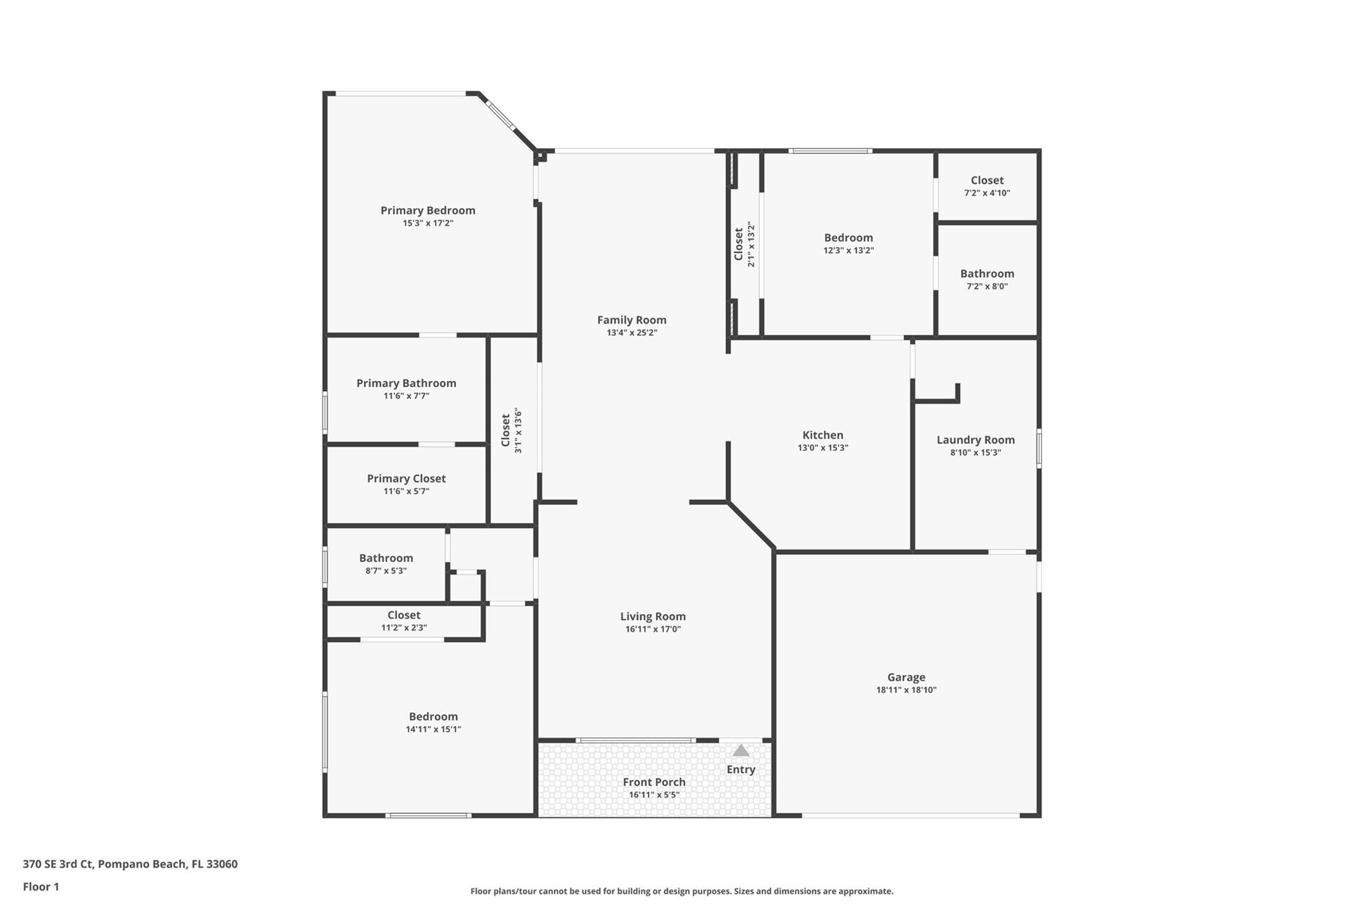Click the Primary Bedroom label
click(x=428, y=210)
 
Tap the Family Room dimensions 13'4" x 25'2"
click(x=631, y=333)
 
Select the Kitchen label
click(x=823, y=436)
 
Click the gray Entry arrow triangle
click(x=741, y=751)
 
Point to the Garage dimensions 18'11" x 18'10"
click(x=906, y=690)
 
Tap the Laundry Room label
click(x=975, y=440)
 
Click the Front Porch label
click(x=653, y=782)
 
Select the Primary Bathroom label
click(x=406, y=384)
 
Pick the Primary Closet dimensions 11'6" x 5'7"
click(x=406, y=491)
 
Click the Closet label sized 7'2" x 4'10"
click(x=986, y=180)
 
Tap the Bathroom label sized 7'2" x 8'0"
click(x=986, y=274)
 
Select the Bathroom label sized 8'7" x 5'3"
click(x=386, y=558)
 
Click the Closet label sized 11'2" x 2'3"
click(x=404, y=615)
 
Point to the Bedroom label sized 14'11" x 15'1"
click(x=433, y=717)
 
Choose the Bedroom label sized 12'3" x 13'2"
click(x=848, y=238)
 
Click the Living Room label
click(x=653, y=617)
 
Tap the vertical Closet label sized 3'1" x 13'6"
click(x=506, y=430)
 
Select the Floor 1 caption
click(x=41, y=887)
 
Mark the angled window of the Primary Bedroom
click(x=500, y=115)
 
